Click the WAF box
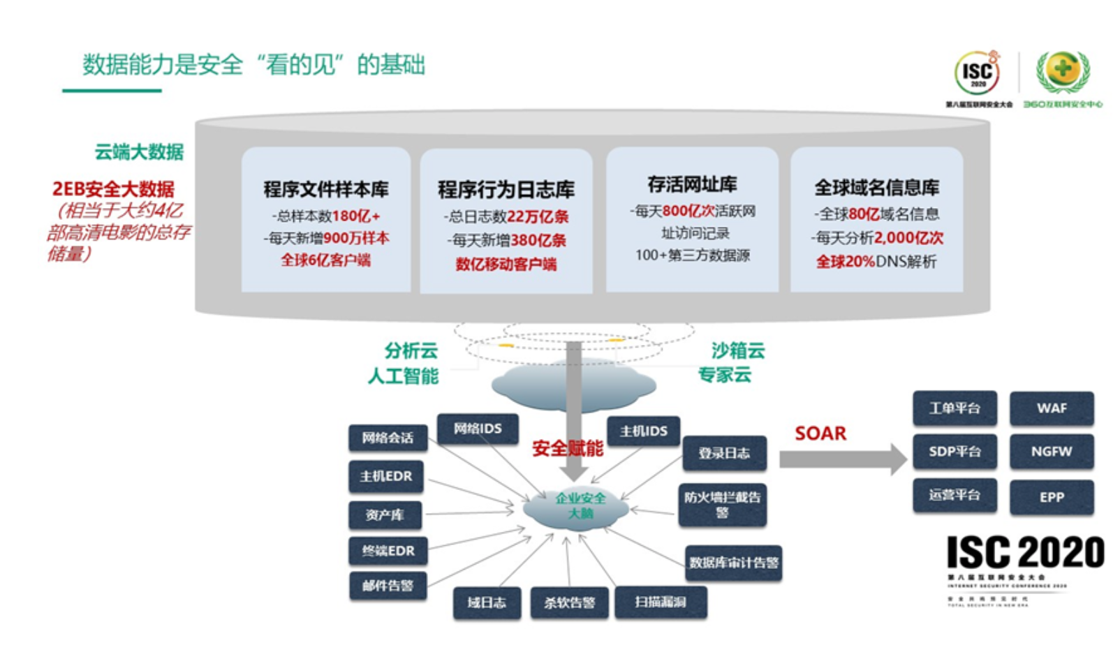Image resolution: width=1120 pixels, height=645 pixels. point(1051,408)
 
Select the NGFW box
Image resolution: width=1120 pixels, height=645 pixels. point(1051,452)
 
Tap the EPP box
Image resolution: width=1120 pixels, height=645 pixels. point(1051,497)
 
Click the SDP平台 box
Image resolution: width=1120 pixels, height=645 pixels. point(955,452)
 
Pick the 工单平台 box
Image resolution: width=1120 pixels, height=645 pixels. point(955,408)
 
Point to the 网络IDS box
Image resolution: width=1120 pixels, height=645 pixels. point(478,429)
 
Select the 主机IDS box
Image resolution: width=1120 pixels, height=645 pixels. point(643,431)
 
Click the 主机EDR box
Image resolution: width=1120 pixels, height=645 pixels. point(386,476)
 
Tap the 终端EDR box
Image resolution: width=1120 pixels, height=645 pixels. point(388,551)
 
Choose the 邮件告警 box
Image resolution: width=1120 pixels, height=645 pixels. point(388,586)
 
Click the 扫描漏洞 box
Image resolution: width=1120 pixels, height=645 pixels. point(661,602)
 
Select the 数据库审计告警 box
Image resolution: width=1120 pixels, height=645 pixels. point(733,563)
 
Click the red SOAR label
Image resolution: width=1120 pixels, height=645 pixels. point(820,433)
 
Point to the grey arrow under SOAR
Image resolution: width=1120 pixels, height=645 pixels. point(842,459)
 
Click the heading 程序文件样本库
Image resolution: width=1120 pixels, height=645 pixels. point(326,189)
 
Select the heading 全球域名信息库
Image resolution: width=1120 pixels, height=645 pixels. point(876,187)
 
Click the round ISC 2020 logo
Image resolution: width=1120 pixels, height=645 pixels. point(978,73)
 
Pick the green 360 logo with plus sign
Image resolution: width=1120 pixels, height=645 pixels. point(1062,71)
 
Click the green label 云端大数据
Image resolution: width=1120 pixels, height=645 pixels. point(139,151)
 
